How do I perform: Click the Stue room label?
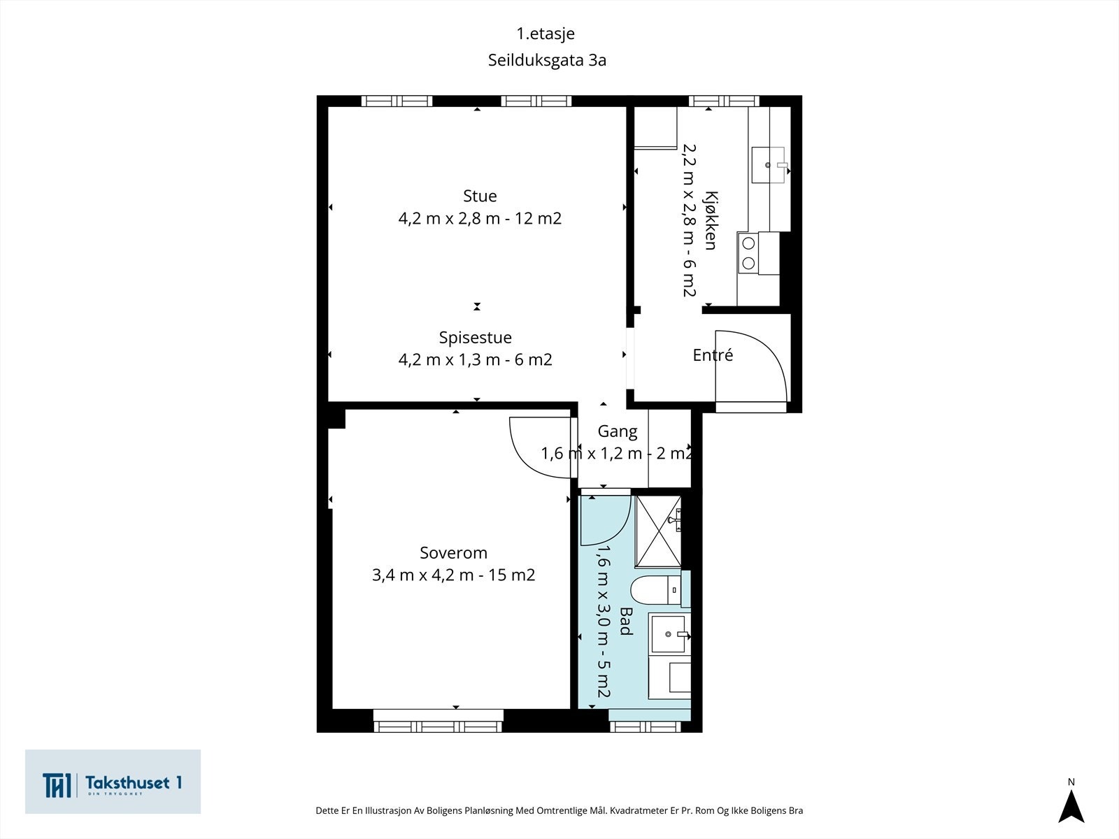pos(480,196)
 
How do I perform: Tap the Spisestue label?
pos(475,337)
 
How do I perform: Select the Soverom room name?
pos(453,553)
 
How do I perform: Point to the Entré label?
pos(713,354)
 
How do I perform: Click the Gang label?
pos(618,431)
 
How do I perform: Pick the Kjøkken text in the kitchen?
pos(711,220)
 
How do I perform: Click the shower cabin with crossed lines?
pos(658,531)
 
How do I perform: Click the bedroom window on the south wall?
pos(439,722)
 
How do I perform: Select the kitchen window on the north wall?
pos(724,101)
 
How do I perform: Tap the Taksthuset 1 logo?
pos(113,782)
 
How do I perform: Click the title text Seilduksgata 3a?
pos(547,60)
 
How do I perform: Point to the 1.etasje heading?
pos(546,33)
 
